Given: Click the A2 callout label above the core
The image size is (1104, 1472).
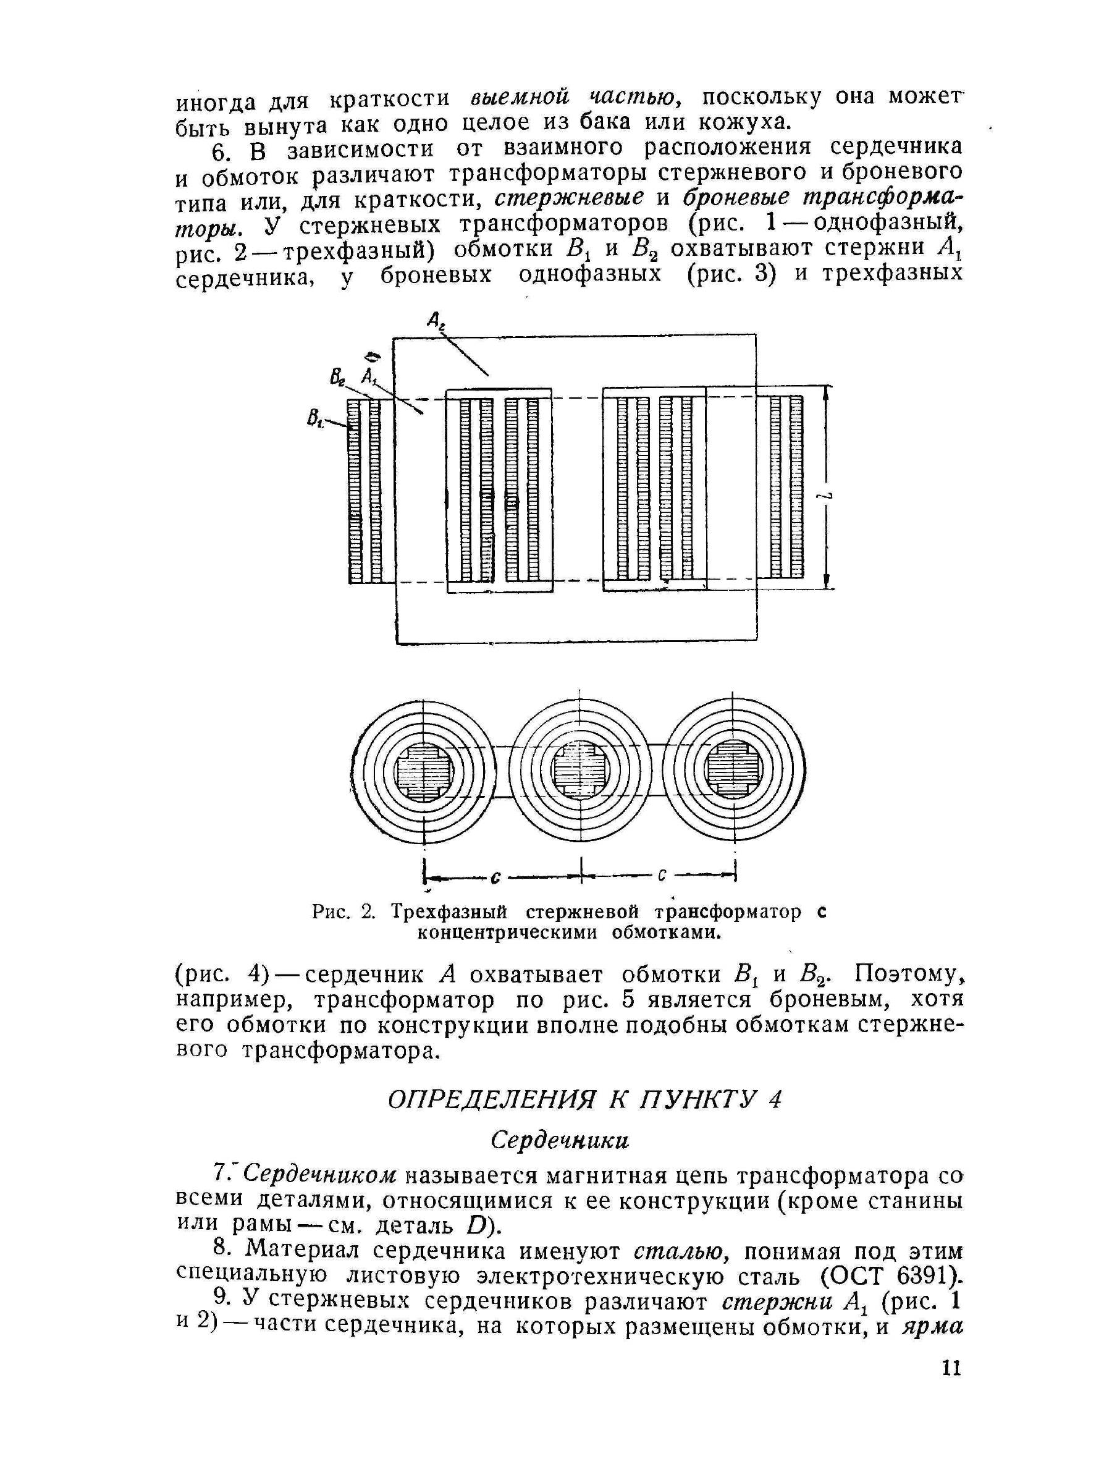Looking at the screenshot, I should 437,322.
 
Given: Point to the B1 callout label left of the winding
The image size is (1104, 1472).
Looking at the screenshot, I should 314,418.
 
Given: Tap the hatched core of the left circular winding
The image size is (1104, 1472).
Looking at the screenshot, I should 423,773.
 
